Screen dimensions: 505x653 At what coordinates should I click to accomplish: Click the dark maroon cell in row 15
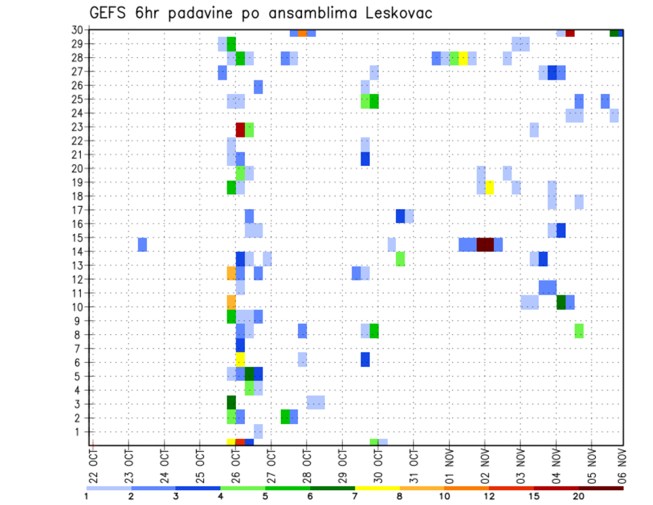pos(485,244)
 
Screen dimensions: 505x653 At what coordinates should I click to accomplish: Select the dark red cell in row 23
pos(240,129)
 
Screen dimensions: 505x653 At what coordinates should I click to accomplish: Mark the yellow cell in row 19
pos(489,187)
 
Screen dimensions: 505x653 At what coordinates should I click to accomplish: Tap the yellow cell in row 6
pos(240,359)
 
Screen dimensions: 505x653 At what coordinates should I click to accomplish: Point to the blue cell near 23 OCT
pos(142,244)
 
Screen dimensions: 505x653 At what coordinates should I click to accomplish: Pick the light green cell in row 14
pos(400,258)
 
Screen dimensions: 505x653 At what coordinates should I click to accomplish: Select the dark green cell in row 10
pos(561,302)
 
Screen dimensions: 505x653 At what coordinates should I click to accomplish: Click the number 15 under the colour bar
pos(534,496)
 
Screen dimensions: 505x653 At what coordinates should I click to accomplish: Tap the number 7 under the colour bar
pos(354,496)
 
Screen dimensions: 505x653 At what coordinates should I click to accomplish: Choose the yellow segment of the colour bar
pos(377,488)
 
